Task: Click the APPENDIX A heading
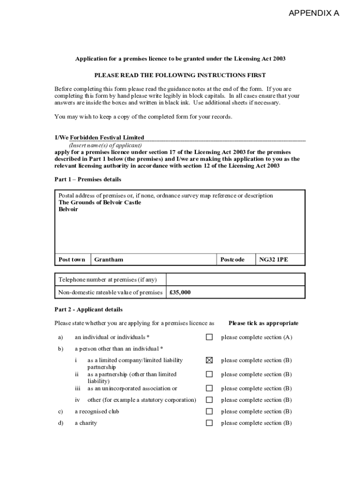(314, 13)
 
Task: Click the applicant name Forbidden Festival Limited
(107, 138)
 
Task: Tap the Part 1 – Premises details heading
(88, 180)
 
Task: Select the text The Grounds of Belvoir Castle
(100, 203)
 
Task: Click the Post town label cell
(72, 260)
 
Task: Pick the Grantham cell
(109, 260)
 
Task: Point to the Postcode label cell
(232, 260)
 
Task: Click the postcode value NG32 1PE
(274, 260)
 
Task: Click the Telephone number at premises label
(108, 280)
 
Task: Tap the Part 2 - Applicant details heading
(88, 310)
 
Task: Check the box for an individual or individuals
(209, 337)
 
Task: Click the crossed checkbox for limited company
(209, 360)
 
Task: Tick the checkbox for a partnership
(209, 374)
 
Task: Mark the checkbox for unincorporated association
(209, 388)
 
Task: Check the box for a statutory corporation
(209, 400)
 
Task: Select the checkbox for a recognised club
(209, 412)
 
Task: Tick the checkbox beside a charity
(209, 423)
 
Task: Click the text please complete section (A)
(257, 337)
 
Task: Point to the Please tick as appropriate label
(263, 323)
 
